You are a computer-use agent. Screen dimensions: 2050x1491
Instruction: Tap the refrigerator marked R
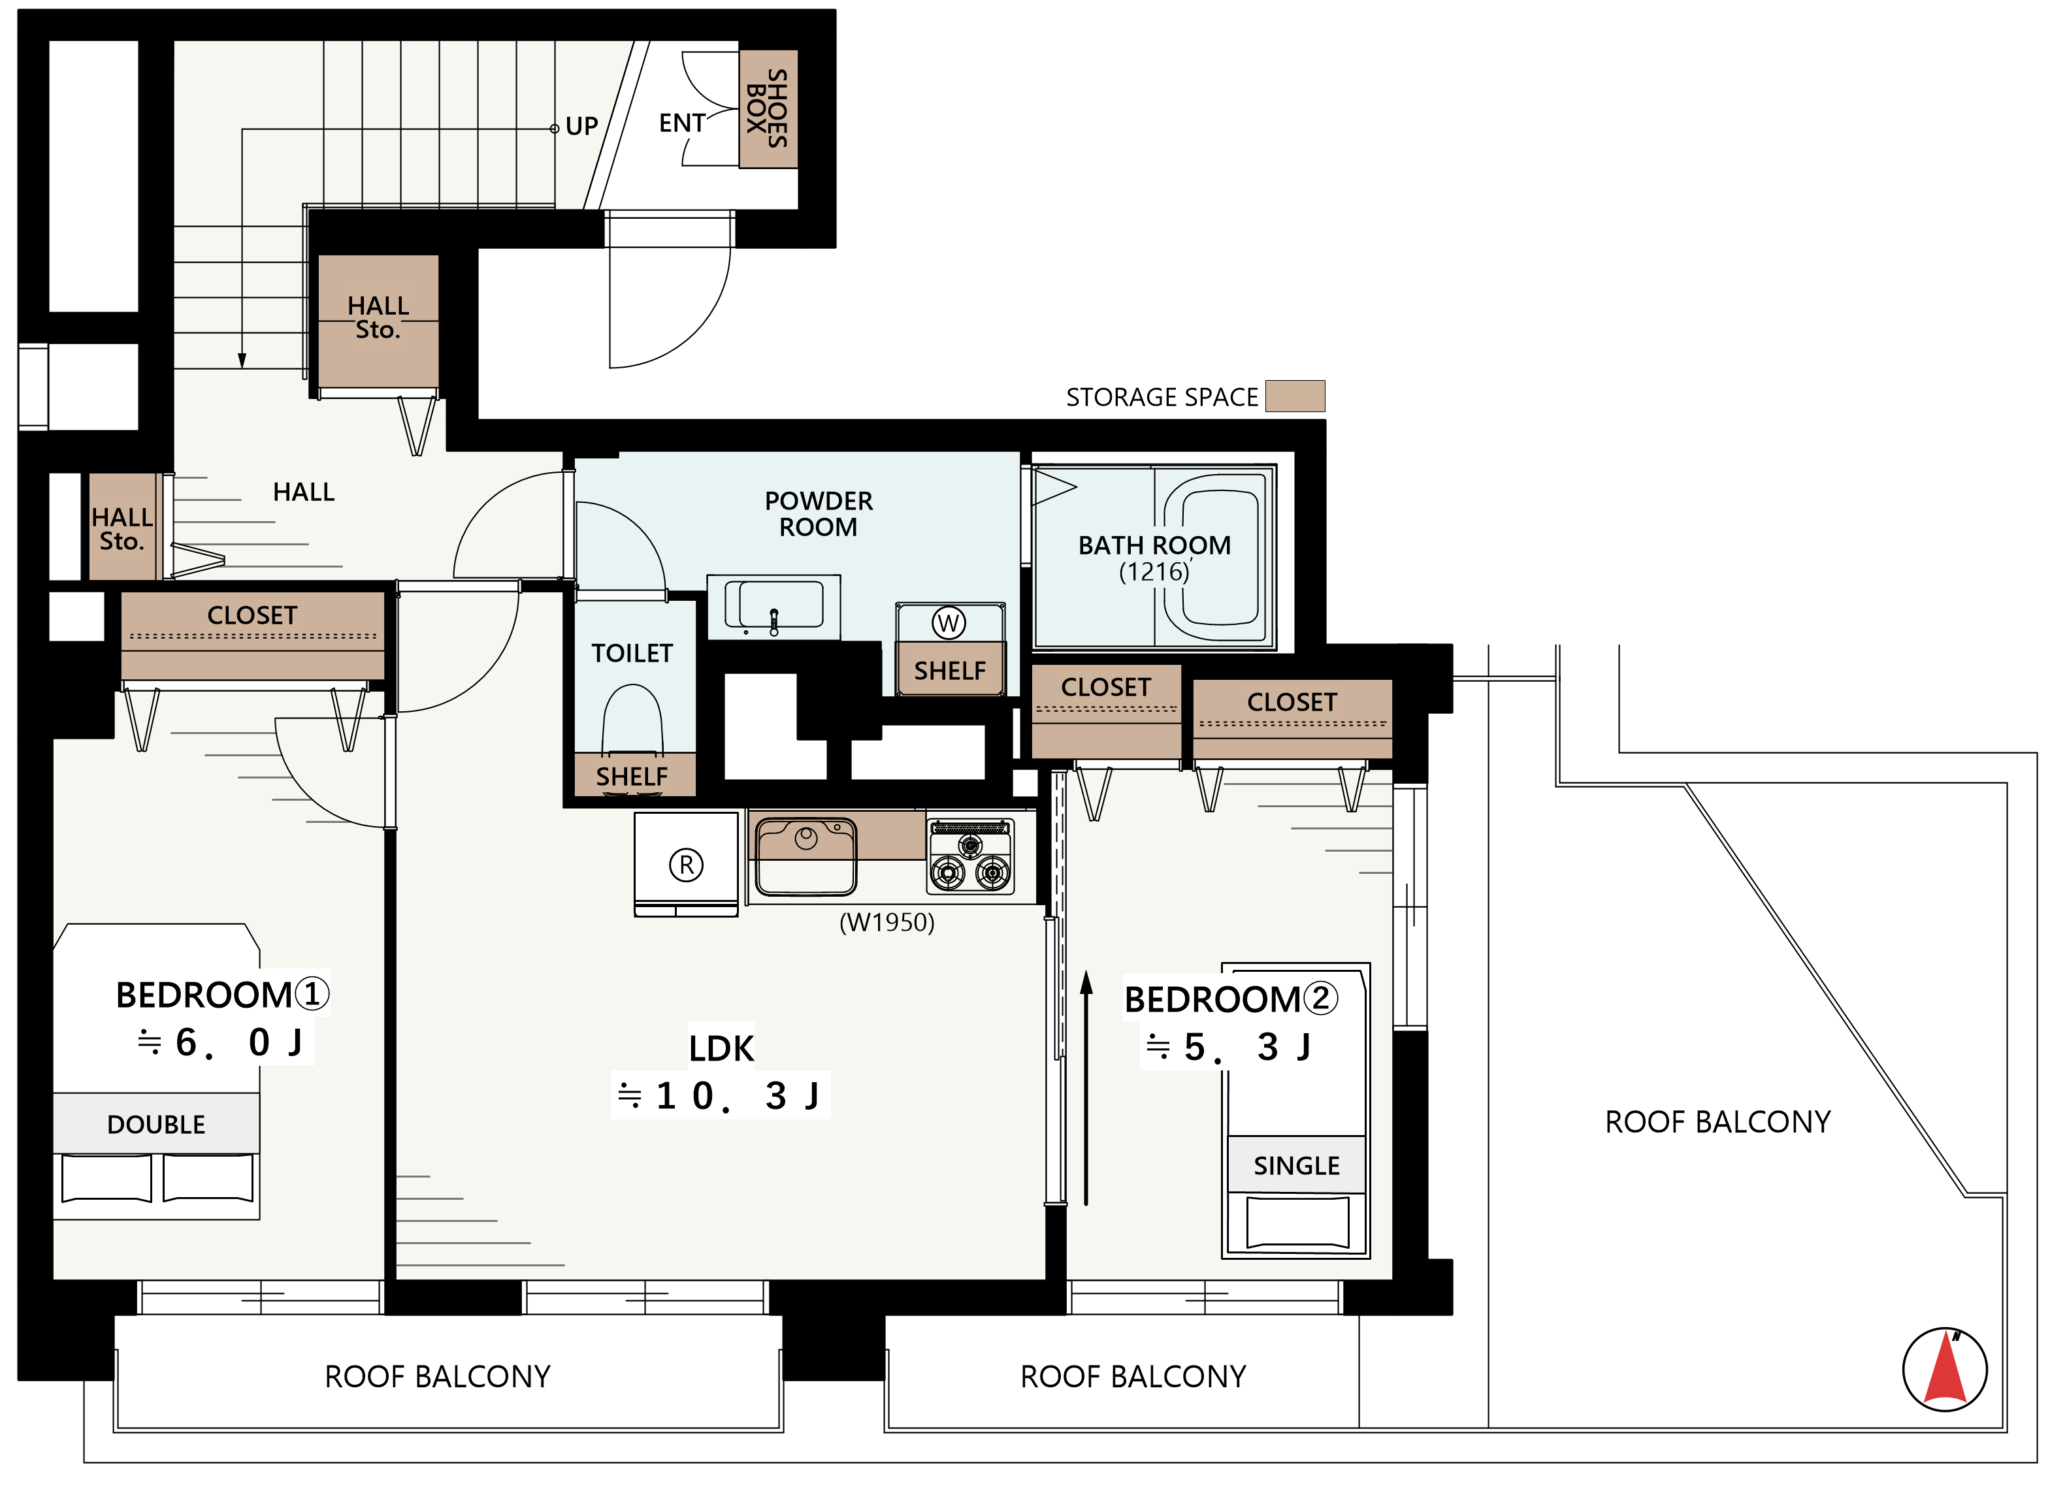[x=686, y=865]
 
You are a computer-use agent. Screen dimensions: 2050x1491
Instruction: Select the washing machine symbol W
[x=948, y=622]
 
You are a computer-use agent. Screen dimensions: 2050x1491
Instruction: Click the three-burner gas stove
[x=971, y=856]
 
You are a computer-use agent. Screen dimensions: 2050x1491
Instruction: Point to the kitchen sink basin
[x=805, y=855]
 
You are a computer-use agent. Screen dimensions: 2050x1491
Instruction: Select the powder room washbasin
[x=773, y=605]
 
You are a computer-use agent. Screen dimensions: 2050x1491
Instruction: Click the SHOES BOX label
[x=768, y=108]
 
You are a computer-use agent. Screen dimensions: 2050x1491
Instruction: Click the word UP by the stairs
[x=581, y=127]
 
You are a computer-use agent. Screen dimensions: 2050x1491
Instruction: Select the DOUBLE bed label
[x=156, y=1124]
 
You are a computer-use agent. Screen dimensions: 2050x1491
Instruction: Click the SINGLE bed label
[x=1296, y=1166]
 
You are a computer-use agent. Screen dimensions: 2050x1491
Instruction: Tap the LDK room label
[x=721, y=1048]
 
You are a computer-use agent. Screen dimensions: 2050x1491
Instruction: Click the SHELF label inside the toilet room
[x=632, y=777]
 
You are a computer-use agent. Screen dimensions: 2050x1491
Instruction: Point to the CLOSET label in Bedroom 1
[x=252, y=615]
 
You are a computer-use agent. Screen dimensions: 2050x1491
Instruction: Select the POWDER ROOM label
[x=818, y=513]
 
